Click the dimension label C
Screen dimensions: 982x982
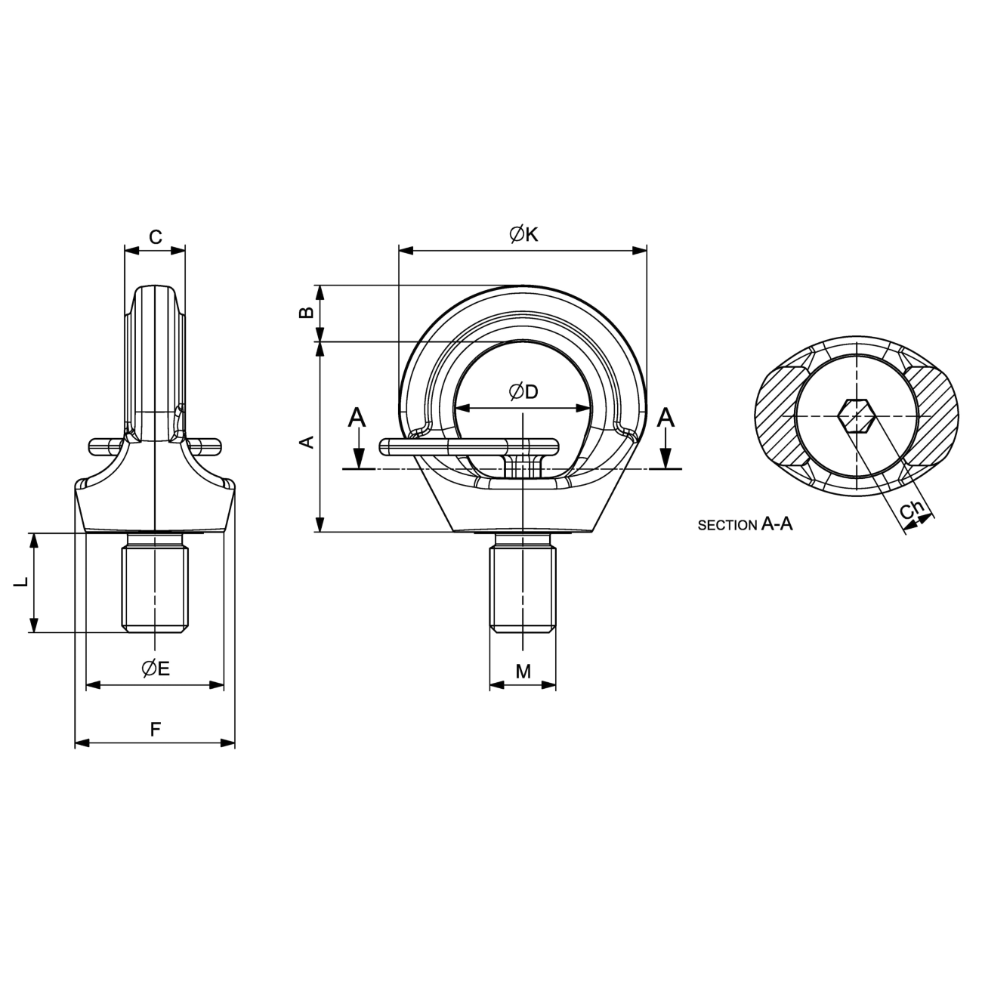156,237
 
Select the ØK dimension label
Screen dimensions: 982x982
524,234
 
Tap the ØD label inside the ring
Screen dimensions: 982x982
524,392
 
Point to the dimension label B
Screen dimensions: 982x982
306,313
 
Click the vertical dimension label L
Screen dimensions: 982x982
21,582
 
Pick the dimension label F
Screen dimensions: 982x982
156,730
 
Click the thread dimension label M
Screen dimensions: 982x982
523,672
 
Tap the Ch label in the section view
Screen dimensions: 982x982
912,511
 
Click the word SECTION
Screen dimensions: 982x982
727,526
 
